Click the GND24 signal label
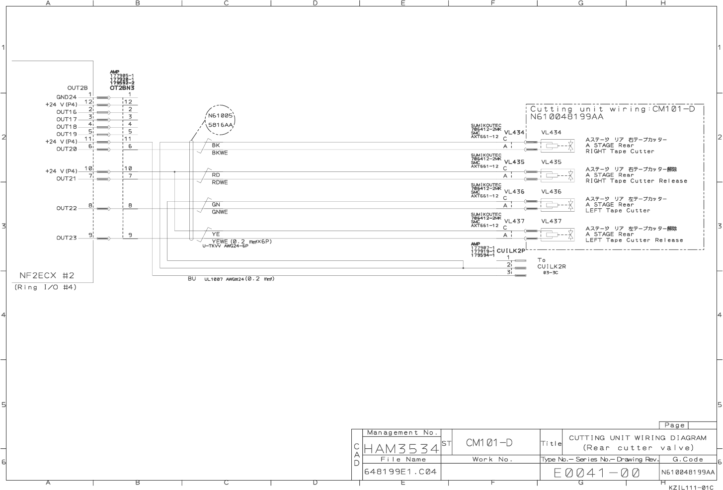point(67,97)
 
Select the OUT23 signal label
point(67,238)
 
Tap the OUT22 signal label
point(67,208)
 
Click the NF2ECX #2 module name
point(47,275)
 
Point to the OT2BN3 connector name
point(122,88)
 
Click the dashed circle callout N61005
point(220,120)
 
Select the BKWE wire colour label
point(220,153)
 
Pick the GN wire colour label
point(216,204)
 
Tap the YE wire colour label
point(216,234)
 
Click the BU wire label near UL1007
point(192,279)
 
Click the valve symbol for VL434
point(557,146)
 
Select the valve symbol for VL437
point(557,234)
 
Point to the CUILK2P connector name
point(510,250)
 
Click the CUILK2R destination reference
point(551,266)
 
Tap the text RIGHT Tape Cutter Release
point(636,181)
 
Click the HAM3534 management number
point(402,449)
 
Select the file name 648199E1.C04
point(401,472)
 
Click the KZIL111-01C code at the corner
point(694,488)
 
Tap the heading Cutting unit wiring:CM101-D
point(612,109)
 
